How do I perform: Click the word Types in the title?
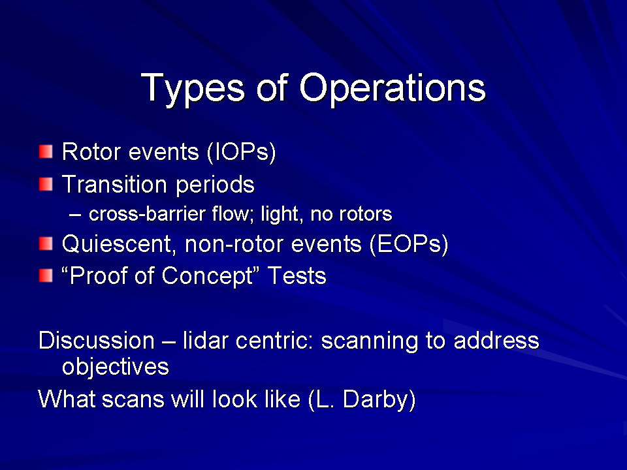point(192,89)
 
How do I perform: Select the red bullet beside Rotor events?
point(46,151)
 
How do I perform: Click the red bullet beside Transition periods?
point(46,184)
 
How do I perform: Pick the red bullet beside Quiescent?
point(46,243)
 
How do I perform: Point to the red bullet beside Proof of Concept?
point(46,275)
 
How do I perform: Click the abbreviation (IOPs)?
point(242,152)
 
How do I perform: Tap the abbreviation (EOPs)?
point(409,244)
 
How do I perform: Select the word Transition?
point(114,184)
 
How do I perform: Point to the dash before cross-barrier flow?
point(75,215)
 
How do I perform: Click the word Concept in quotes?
point(208,276)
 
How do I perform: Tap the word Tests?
point(297,275)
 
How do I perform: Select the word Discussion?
point(97,341)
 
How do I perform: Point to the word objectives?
point(116,367)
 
